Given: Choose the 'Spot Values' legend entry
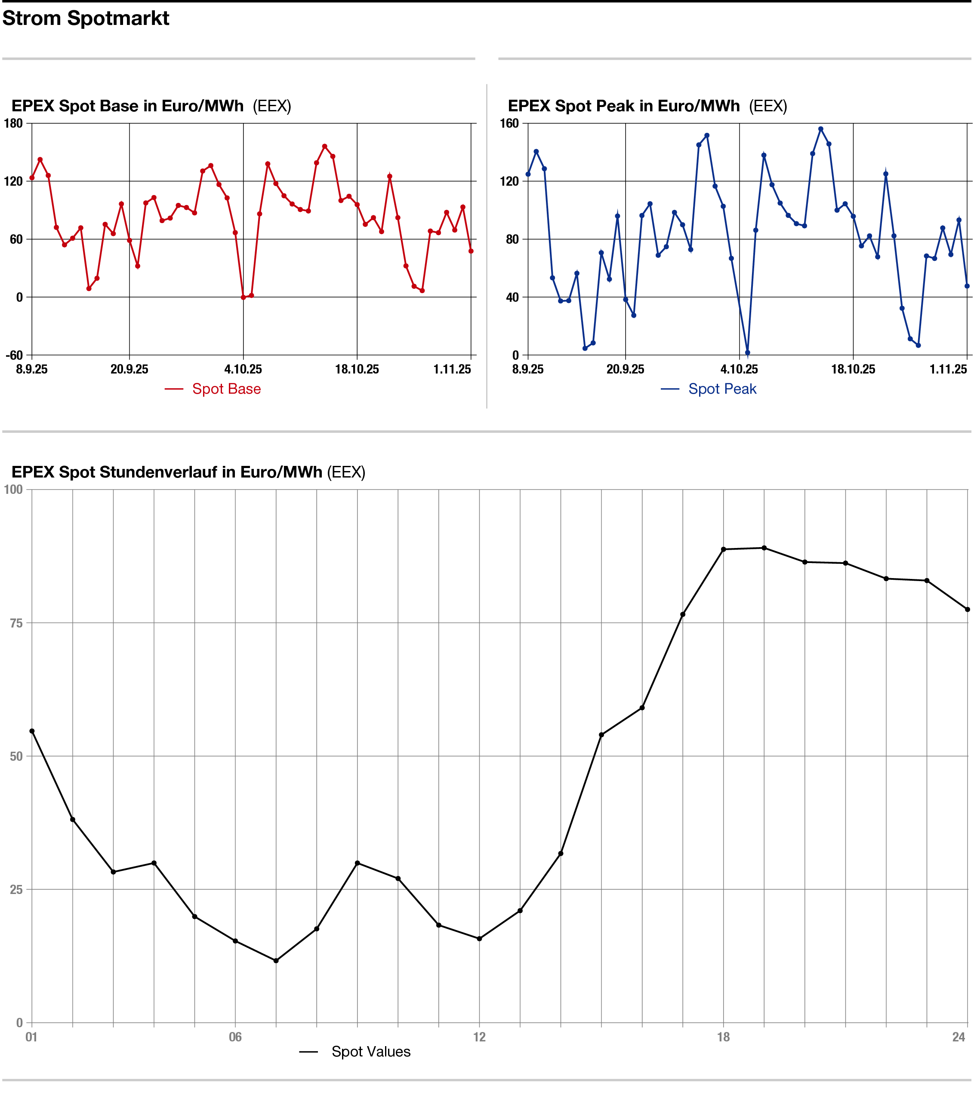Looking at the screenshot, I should point(371,1052).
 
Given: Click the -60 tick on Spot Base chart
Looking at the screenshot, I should point(15,355).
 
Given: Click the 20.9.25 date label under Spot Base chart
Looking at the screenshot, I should point(129,369).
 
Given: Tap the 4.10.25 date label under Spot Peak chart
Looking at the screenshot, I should point(740,369).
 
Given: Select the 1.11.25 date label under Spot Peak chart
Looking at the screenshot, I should point(948,369).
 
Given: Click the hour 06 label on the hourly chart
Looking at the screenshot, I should point(235,1037).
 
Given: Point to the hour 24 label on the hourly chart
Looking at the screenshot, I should point(959,1037).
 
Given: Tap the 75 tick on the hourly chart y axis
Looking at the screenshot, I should point(16,623).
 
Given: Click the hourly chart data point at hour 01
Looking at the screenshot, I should point(32,731).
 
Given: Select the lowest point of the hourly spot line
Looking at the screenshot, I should point(276,961).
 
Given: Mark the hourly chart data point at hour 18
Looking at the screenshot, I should point(723,549).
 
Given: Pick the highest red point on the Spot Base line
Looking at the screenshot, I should point(324,146).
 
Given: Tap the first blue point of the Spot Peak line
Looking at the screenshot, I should point(528,174).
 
